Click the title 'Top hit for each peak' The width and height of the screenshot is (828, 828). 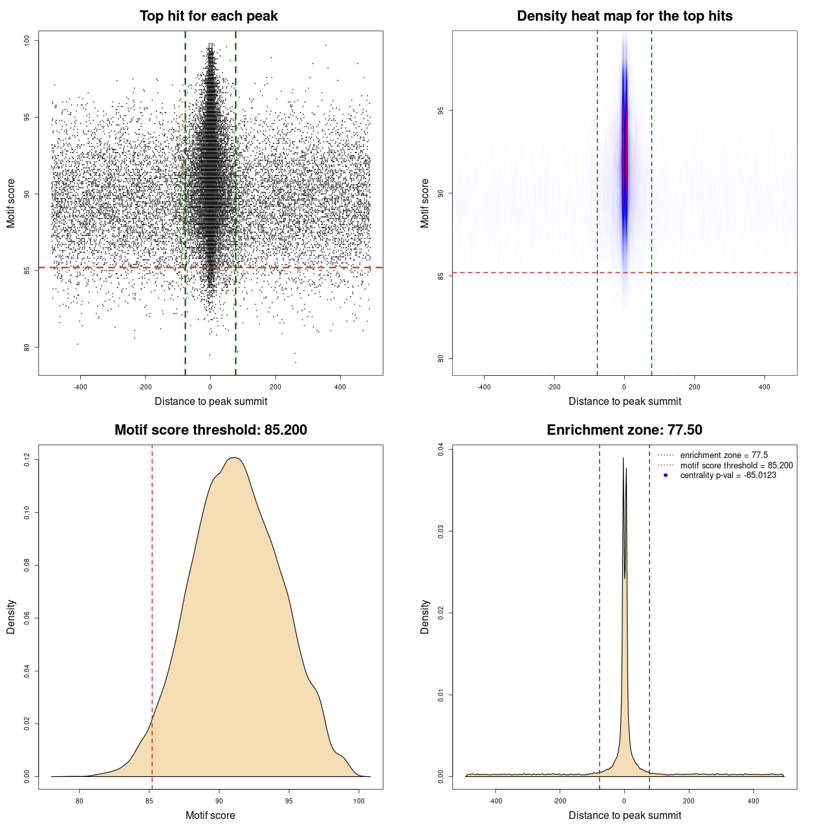click(x=208, y=16)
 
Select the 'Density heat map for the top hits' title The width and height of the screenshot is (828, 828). click(x=624, y=16)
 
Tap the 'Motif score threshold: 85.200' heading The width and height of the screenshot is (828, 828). click(x=210, y=430)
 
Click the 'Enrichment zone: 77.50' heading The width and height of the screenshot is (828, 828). click(x=624, y=430)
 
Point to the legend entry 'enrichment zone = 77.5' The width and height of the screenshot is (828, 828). click(x=724, y=455)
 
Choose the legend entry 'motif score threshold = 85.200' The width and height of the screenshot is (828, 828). click(x=736, y=465)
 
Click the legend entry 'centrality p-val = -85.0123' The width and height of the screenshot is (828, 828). click(x=728, y=475)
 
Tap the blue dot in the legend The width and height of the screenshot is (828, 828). click(x=666, y=475)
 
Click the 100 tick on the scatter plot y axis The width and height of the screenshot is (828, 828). click(x=27, y=41)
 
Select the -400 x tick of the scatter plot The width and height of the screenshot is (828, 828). click(x=80, y=387)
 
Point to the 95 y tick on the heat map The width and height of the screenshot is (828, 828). click(x=441, y=111)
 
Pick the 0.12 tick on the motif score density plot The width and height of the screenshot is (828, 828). click(x=27, y=460)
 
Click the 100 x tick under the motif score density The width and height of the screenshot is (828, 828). click(x=359, y=801)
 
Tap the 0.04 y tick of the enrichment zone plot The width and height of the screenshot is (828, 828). click(x=441, y=449)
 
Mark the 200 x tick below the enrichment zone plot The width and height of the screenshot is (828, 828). click(x=689, y=801)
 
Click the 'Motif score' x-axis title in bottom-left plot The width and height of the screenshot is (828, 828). click(x=210, y=815)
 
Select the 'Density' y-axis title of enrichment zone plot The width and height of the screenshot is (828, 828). click(x=425, y=616)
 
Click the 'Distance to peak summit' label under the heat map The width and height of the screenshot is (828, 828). click(x=624, y=401)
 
